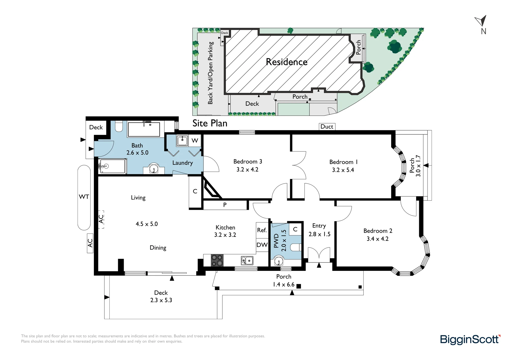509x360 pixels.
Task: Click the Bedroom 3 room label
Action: pyautogui.click(x=248, y=162)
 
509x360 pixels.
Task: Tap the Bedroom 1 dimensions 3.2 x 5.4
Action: pyautogui.click(x=343, y=170)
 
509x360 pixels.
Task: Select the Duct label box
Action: pyautogui.click(x=327, y=127)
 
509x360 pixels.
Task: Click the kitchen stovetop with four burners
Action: pyautogui.click(x=217, y=260)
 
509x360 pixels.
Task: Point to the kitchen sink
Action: pyautogui.click(x=247, y=260)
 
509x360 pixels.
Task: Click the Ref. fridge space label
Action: pyautogui.click(x=262, y=230)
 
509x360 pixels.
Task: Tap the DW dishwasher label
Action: pyautogui.click(x=262, y=245)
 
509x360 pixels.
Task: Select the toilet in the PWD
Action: pyautogui.click(x=296, y=247)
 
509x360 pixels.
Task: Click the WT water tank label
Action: pyautogui.click(x=84, y=197)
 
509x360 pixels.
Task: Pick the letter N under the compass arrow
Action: pyautogui.click(x=484, y=31)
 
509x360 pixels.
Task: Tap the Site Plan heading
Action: pyautogui.click(x=210, y=123)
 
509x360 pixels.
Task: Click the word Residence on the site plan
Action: pyautogui.click(x=287, y=62)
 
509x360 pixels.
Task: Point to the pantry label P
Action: pyautogui.click(x=225, y=205)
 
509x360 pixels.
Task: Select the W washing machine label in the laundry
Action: pyautogui.click(x=195, y=141)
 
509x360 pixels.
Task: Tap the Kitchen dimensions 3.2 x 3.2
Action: pyautogui.click(x=225, y=235)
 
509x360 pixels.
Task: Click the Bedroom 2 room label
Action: pyautogui.click(x=378, y=231)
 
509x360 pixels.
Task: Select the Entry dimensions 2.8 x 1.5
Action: pyautogui.click(x=319, y=234)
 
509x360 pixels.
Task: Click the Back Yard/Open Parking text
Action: pyautogui.click(x=210, y=73)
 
